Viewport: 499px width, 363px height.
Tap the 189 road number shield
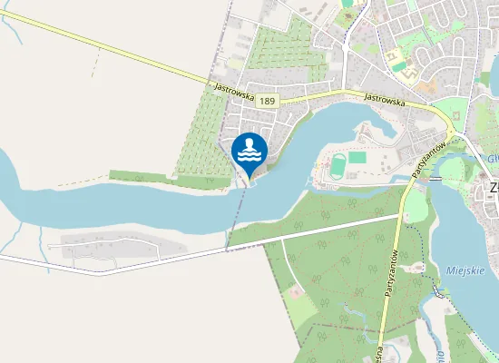pos(266,100)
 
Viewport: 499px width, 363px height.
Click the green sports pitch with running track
pos(337,165)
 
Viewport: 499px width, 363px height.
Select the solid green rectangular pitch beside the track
pos(357,158)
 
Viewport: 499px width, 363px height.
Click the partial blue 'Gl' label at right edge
pos(491,156)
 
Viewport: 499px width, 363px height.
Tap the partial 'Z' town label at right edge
pos(494,189)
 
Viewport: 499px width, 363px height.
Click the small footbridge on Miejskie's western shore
pos(439,290)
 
